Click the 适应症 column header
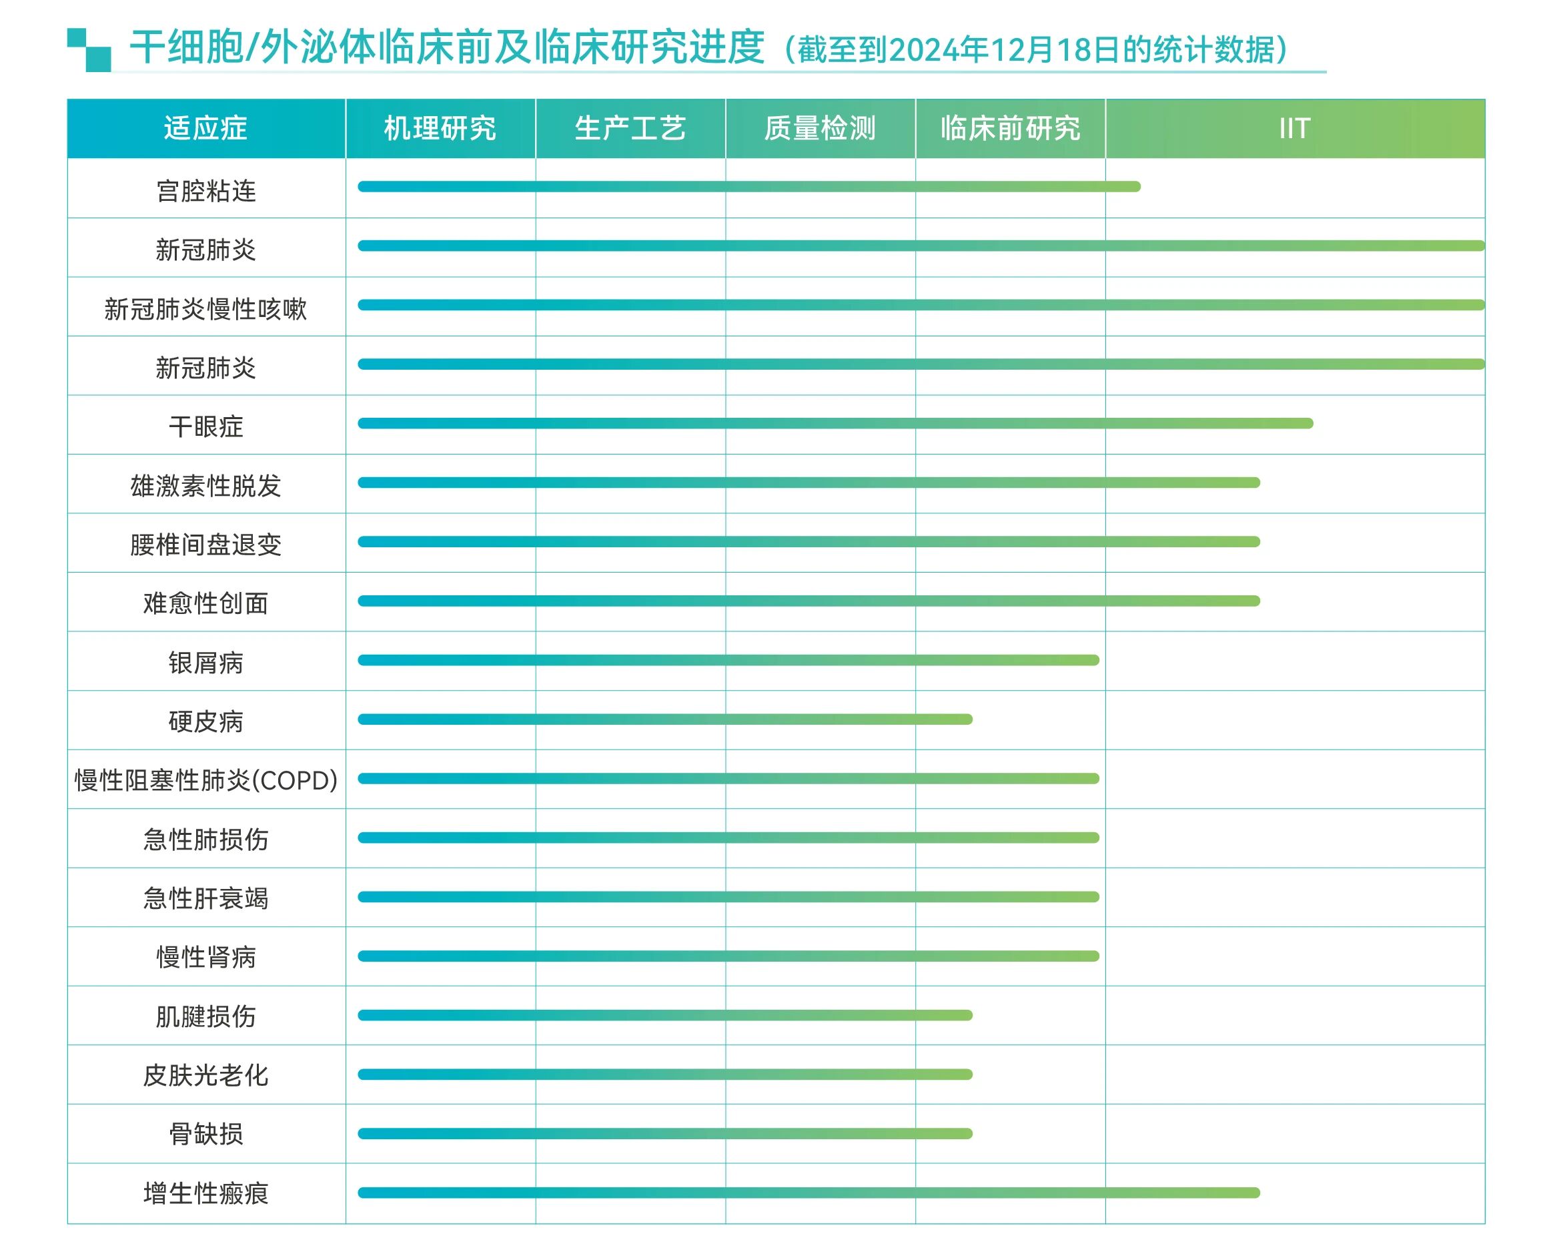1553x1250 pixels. click(x=205, y=128)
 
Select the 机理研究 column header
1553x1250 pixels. click(x=440, y=128)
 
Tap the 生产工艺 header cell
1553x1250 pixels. click(x=630, y=128)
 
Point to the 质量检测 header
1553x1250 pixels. click(x=820, y=128)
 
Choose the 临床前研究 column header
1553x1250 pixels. click(x=1010, y=128)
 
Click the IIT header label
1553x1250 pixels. click(x=1294, y=128)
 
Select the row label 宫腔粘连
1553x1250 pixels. click(x=206, y=191)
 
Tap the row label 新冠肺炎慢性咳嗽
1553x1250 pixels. click(x=206, y=309)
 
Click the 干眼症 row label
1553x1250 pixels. click(x=206, y=426)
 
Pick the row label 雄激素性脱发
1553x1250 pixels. click(x=206, y=486)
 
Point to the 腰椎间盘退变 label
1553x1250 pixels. click(x=206, y=545)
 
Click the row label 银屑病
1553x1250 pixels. click(x=206, y=663)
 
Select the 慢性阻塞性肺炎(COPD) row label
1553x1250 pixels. click(x=206, y=780)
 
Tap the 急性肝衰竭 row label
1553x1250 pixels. click(x=206, y=898)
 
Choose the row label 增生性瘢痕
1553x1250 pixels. click(x=206, y=1194)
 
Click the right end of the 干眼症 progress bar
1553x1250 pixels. click(x=1309, y=424)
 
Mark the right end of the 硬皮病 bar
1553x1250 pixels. click(x=968, y=719)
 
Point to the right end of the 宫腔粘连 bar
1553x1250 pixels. click(x=1136, y=187)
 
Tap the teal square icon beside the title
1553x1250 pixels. click(x=89, y=49)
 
